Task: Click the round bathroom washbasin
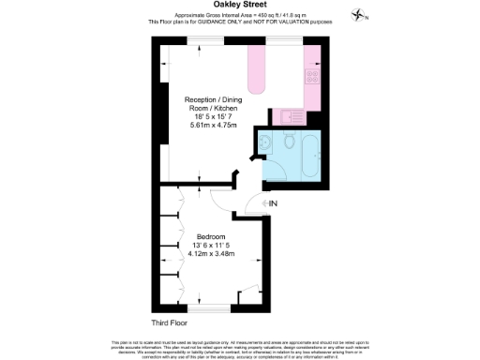[265, 142]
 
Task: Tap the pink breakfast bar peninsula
[258, 70]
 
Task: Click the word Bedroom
[210, 236]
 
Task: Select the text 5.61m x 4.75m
[214, 125]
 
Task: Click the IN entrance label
[274, 203]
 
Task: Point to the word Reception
[202, 98]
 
